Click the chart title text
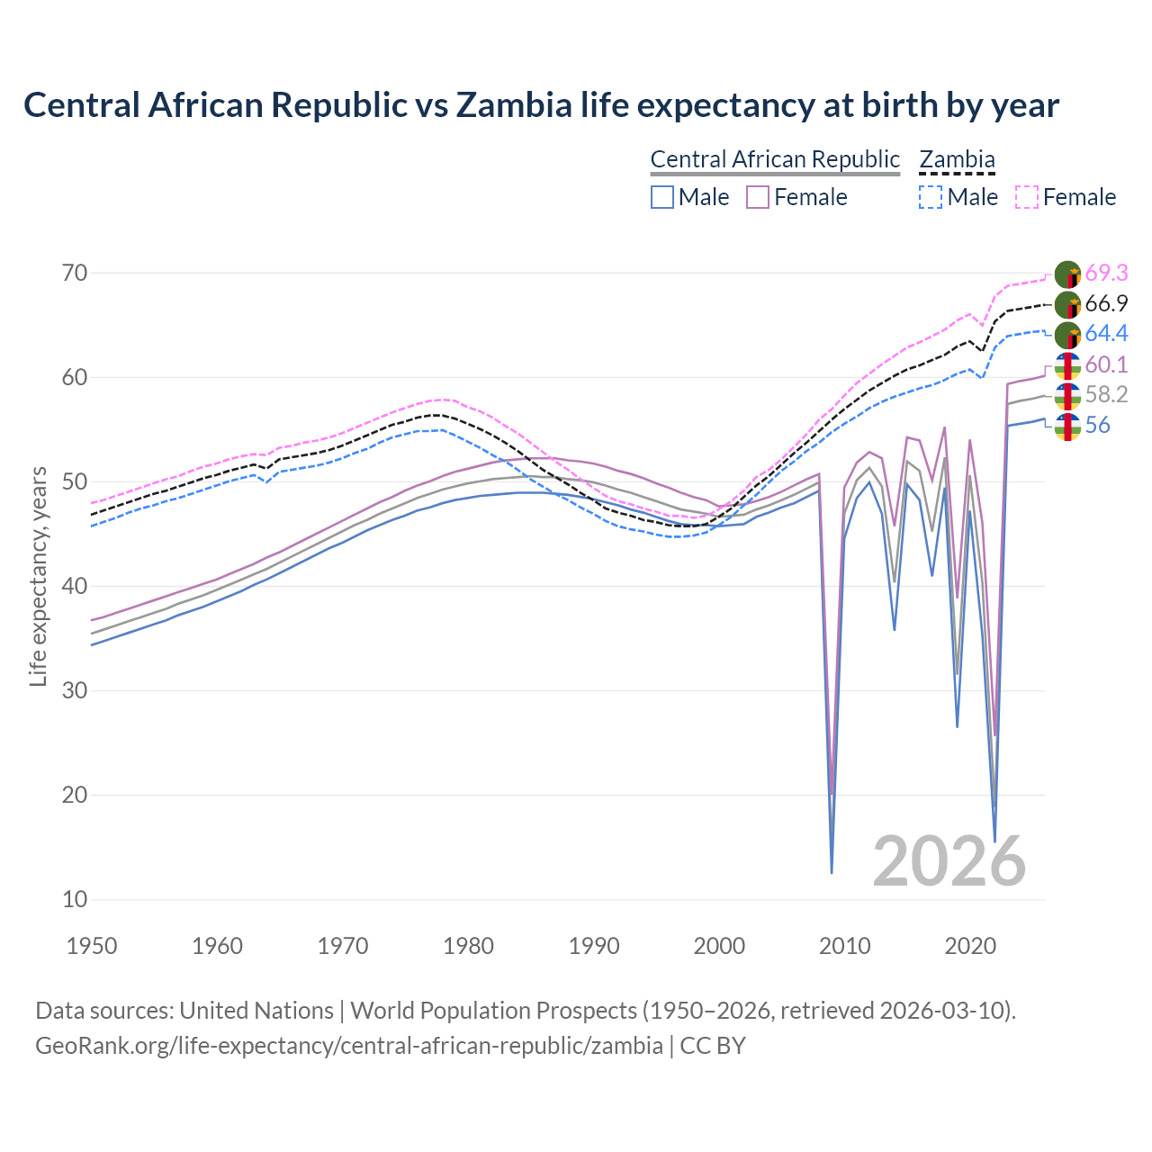click(x=541, y=105)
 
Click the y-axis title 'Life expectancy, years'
click(x=38, y=576)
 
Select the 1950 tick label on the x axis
click(x=92, y=946)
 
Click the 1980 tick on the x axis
click(x=468, y=946)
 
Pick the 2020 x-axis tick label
click(x=970, y=946)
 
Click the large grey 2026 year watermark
click(x=949, y=861)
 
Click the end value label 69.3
click(x=1106, y=273)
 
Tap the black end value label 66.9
click(x=1106, y=303)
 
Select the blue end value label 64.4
click(x=1106, y=334)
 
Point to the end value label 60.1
click(x=1106, y=364)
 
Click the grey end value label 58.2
click(x=1106, y=395)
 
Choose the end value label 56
click(x=1097, y=426)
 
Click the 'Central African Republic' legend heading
click(x=775, y=159)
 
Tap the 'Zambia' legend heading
click(x=957, y=159)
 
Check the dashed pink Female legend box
click(x=1027, y=197)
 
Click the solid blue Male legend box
click(x=662, y=197)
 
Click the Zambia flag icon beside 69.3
click(x=1067, y=274)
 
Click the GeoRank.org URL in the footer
click(x=349, y=1046)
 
